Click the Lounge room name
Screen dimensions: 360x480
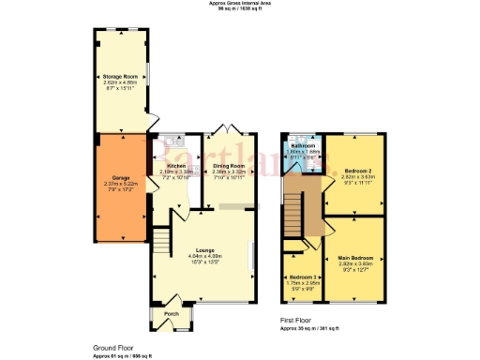(x=205, y=249)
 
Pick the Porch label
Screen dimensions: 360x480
(x=171, y=313)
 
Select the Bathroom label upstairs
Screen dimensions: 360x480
(x=303, y=146)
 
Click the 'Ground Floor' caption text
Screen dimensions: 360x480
(x=112, y=347)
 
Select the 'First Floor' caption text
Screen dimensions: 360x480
(x=296, y=321)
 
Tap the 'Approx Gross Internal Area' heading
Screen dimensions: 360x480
(x=239, y=4)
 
